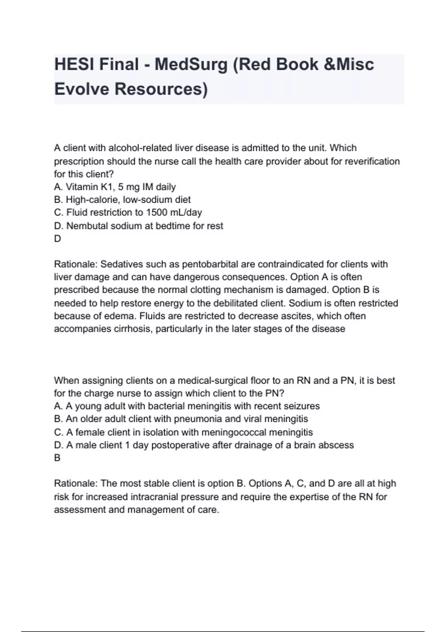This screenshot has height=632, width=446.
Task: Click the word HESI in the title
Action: point(73,64)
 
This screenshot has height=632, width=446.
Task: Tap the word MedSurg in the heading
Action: point(191,64)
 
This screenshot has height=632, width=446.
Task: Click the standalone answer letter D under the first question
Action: point(57,238)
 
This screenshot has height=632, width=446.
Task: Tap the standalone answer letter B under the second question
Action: point(57,458)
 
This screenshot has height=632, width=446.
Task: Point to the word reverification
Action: point(369,161)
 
